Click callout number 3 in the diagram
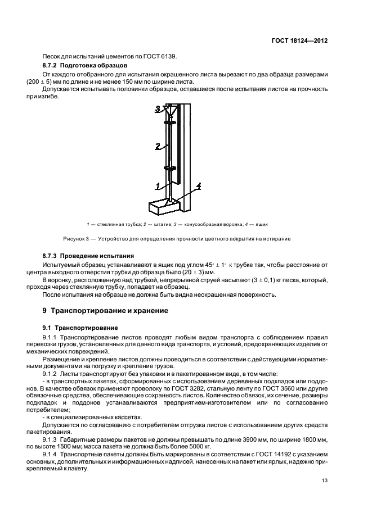158,108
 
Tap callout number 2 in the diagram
159,146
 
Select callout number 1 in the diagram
159,183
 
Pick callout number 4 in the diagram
198,185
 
